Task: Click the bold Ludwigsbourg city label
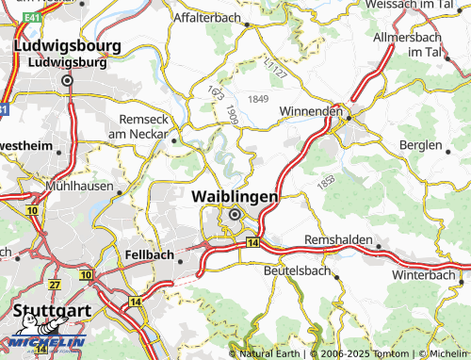pos(67,45)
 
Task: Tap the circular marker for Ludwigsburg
pos(68,81)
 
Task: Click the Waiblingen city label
pos(235,196)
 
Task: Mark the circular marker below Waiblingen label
pos(235,215)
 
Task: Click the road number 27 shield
pos(55,285)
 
